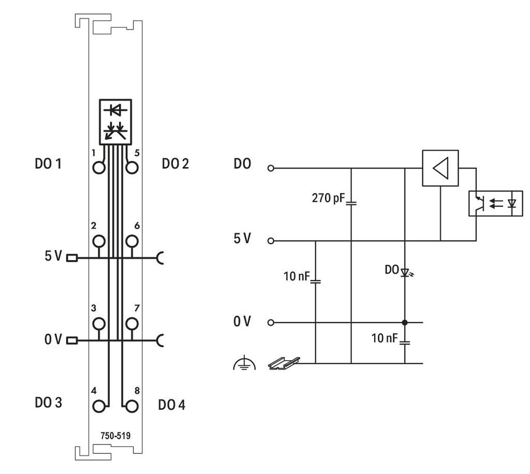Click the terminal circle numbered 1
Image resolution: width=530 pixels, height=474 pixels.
pos(99,168)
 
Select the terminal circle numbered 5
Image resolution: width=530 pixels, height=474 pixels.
pos(132,168)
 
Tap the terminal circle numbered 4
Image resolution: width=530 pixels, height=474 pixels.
pos(99,406)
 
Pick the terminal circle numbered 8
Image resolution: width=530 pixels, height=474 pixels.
pos(132,406)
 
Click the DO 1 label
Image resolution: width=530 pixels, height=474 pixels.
pos(48,164)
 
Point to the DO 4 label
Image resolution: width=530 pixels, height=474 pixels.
pos(172,405)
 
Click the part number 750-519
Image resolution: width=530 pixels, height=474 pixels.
pos(115,436)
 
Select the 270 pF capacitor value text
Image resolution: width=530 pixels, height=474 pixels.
pos(328,198)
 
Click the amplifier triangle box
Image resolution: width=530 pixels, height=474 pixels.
pos(440,168)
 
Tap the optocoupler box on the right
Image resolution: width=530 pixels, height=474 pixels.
pos(495,203)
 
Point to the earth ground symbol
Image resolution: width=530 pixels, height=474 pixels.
pos(244,363)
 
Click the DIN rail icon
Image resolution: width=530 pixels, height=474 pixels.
pos(284,363)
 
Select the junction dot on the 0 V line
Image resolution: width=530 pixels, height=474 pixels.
pos(405,323)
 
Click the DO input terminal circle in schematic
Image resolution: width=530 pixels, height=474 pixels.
pos(270,168)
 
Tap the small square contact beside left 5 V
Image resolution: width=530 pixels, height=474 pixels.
pos(72,258)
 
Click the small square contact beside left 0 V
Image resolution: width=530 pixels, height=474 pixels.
pos(72,340)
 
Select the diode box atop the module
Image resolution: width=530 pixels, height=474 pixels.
pos(115,122)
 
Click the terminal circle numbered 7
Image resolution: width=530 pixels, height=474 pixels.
pos(132,323)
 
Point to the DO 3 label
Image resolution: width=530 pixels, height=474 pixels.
pos(48,403)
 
